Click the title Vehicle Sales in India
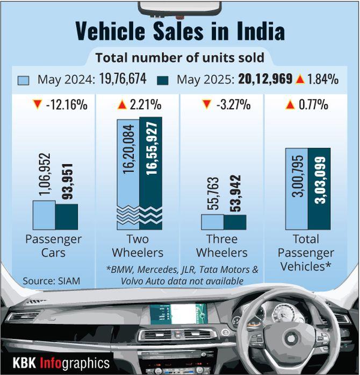179,32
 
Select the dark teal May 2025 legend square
163,80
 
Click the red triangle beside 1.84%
300,80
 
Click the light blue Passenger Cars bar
44,215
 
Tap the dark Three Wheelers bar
235,222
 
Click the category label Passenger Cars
54,246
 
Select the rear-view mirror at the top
179,7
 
